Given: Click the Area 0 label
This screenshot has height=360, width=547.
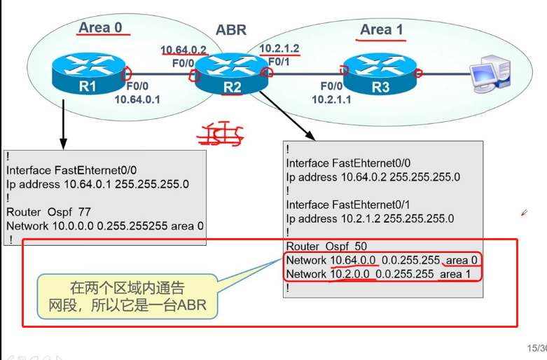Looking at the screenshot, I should [100, 27].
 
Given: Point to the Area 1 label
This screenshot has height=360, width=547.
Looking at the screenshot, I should [381, 29].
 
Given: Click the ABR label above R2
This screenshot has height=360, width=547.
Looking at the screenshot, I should [231, 30].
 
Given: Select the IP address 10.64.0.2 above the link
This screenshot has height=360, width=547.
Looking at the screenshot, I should [184, 50].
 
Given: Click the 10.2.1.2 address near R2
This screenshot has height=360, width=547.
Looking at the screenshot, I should [279, 48].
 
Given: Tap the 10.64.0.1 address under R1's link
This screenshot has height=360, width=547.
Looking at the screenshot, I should [137, 99].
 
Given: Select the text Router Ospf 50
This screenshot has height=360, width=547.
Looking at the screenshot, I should [326, 246].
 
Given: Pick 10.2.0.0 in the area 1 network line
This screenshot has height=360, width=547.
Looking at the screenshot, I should [351, 274].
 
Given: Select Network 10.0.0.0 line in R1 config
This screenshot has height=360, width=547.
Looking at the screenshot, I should [105, 226].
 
